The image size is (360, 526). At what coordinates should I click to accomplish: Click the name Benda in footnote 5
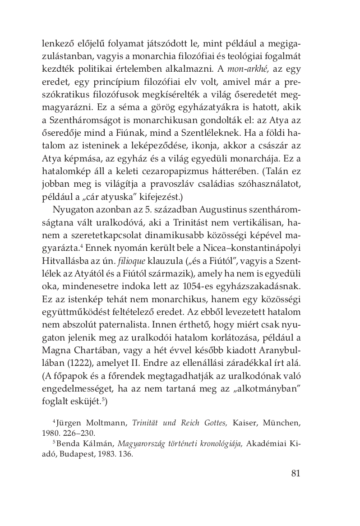click(68, 444)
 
